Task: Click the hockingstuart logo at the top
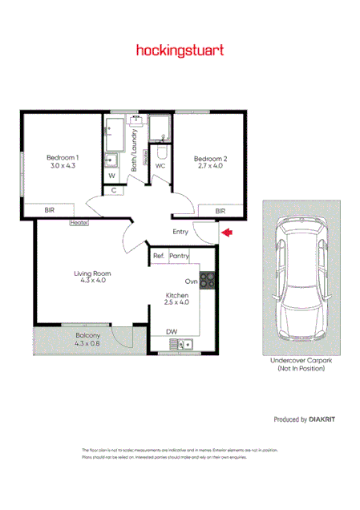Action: [x=180, y=50]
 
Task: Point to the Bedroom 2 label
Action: [x=211, y=164]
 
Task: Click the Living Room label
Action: [x=90, y=277]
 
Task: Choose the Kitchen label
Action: [x=176, y=299]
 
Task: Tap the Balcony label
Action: [x=87, y=339]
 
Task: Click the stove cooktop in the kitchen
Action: [x=207, y=280]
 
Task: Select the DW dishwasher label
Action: [x=171, y=331]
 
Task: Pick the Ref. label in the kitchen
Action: [x=159, y=256]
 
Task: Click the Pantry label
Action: [x=180, y=256]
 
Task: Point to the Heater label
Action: [x=79, y=222]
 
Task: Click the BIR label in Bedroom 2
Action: [x=220, y=210]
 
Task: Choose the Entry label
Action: [x=180, y=233]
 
